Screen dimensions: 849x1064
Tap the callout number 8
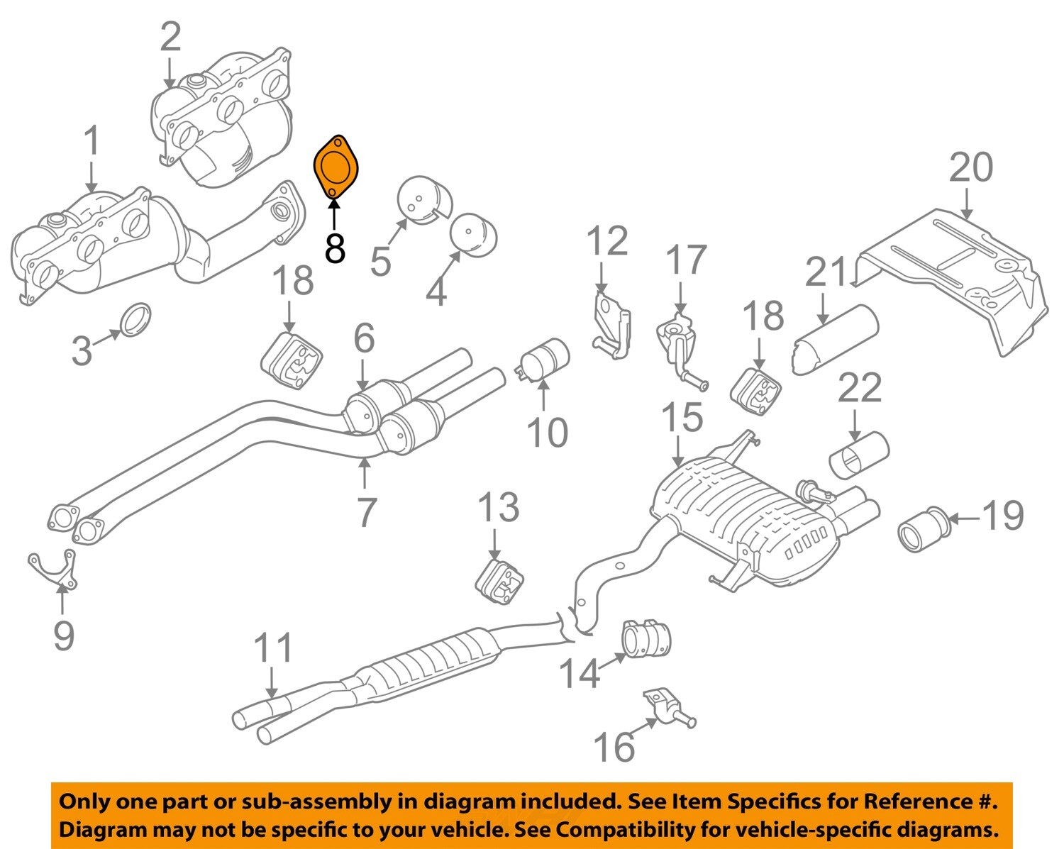335,249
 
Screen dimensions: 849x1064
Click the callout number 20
971,168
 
